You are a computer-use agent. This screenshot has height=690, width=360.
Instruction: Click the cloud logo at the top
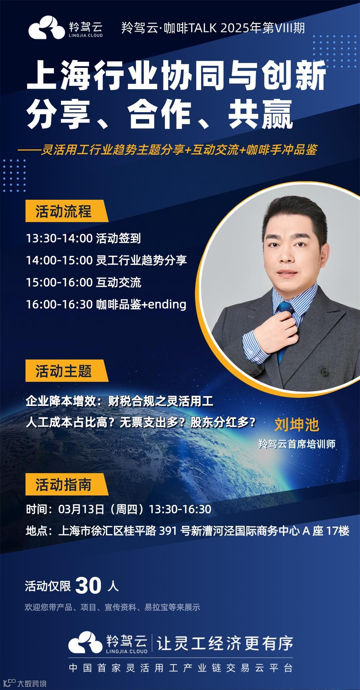click(x=46, y=27)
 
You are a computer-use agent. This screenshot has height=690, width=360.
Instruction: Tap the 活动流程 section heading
click(x=63, y=211)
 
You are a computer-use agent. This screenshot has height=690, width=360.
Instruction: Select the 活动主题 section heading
click(x=63, y=371)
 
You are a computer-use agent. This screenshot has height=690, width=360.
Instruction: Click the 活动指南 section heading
click(x=63, y=484)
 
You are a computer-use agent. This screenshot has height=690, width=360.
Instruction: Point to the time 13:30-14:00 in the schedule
click(x=59, y=238)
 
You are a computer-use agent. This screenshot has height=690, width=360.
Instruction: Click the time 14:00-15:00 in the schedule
click(x=59, y=260)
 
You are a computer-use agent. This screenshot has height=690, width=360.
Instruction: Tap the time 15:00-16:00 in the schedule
click(x=59, y=282)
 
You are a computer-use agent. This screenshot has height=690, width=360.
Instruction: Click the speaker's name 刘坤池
click(x=297, y=425)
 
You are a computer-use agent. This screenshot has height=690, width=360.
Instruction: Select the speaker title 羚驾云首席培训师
click(x=297, y=444)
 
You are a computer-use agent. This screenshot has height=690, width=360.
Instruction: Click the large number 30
click(x=88, y=585)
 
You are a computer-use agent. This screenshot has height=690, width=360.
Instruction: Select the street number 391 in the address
click(x=168, y=531)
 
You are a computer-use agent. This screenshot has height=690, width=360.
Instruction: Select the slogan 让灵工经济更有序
click(x=225, y=643)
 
